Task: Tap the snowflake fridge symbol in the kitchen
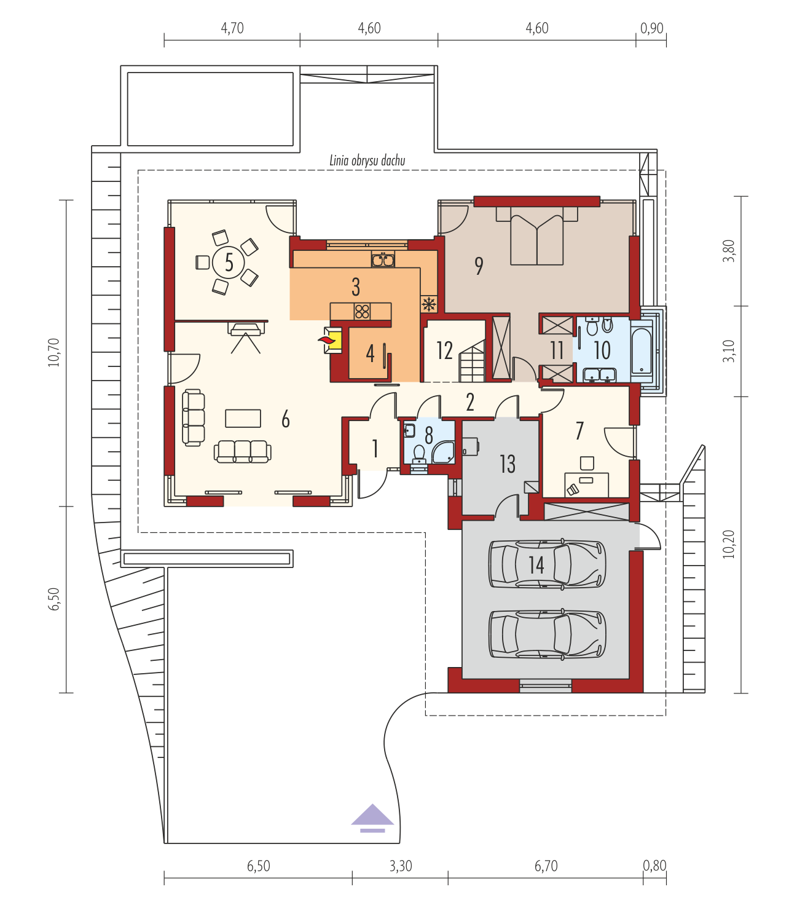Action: (x=429, y=304)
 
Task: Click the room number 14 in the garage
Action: (x=536, y=565)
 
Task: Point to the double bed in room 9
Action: (x=537, y=235)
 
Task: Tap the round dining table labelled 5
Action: (x=229, y=262)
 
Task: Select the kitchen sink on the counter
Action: (x=383, y=259)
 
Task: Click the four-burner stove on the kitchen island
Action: (x=362, y=311)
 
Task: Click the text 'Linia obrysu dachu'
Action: (x=367, y=160)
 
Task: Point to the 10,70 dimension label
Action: (x=53, y=352)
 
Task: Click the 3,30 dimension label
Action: (x=401, y=866)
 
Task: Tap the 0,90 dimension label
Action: (x=651, y=28)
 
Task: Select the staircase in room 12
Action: (x=472, y=361)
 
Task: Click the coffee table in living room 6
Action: (x=243, y=418)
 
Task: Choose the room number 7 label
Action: (x=579, y=431)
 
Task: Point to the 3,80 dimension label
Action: (x=729, y=251)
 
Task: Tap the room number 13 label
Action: (x=508, y=464)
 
